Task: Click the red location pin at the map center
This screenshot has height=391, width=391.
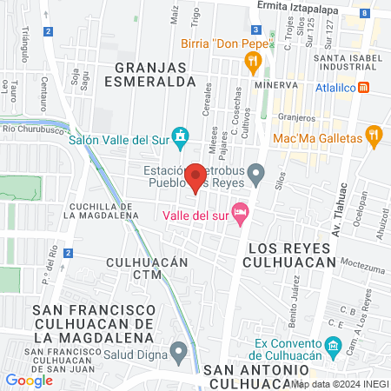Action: (x=196, y=177)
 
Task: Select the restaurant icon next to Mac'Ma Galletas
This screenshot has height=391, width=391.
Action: (x=374, y=135)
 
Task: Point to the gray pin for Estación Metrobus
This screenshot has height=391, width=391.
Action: (x=255, y=174)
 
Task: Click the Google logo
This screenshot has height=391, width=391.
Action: (x=30, y=380)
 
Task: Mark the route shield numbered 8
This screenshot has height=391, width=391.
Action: (x=363, y=13)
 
